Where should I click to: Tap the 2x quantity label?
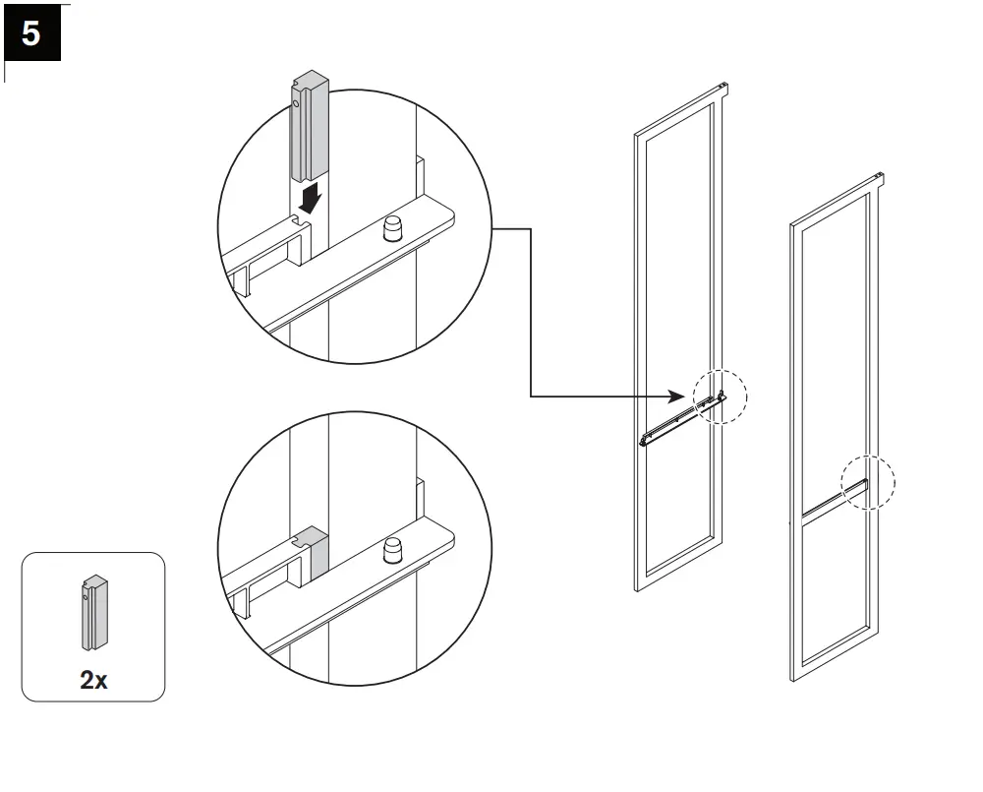tap(93, 679)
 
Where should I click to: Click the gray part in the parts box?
tap(94, 613)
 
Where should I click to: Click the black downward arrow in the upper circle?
tap(311, 200)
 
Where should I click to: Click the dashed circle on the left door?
tap(721, 396)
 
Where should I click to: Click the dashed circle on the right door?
tap(869, 482)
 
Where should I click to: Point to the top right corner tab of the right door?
tap(881, 179)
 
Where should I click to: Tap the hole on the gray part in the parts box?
tap(87, 594)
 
